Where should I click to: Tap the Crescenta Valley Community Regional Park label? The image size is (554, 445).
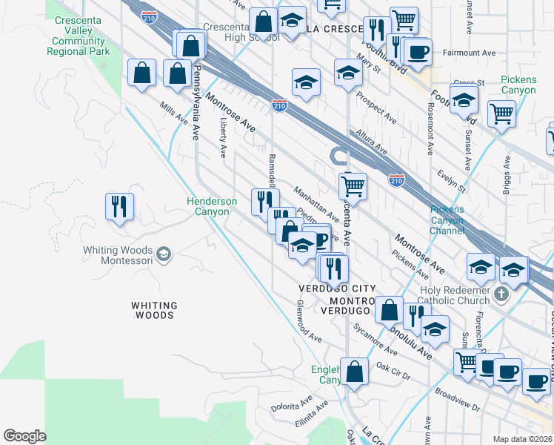point(79,36)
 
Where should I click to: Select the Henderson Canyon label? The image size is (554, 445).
point(212,206)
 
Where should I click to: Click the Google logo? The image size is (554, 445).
point(24,436)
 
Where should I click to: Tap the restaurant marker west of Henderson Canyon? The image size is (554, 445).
point(119,207)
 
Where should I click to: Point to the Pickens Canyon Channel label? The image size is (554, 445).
point(447,220)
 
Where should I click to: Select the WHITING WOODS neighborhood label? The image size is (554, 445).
point(154,310)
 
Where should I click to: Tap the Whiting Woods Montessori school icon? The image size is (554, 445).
point(164,254)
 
